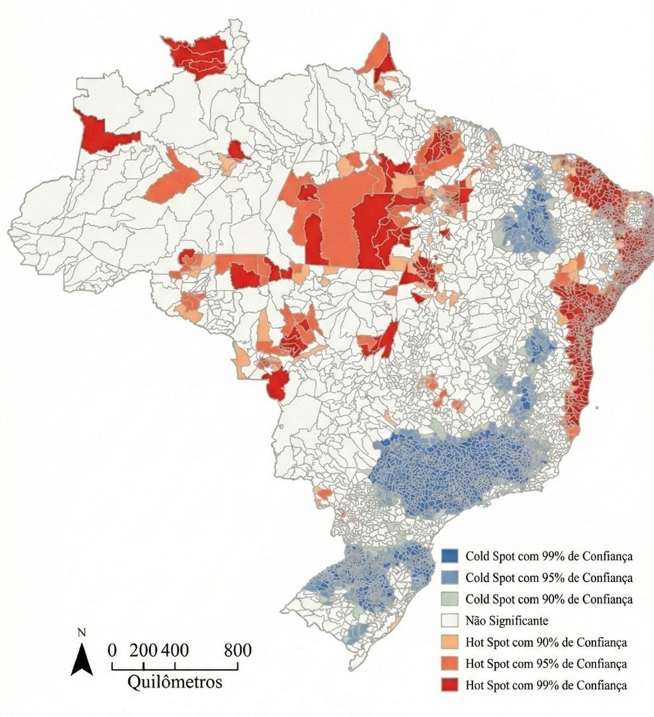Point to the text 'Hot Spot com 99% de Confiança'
pyautogui.click(x=546, y=684)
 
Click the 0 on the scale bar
pyautogui.click(x=112, y=649)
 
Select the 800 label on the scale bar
pyautogui.click(x=237, y=649)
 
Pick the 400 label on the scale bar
pyautogui.click(x=173, y=649)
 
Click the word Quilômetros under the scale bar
pyautogui.click(x=175, y=682)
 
